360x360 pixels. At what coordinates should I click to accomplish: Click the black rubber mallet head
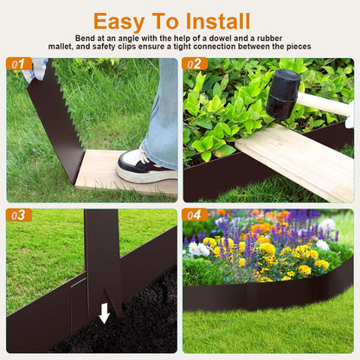pos(283,93)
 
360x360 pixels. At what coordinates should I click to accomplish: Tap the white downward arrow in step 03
pos(105,312)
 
